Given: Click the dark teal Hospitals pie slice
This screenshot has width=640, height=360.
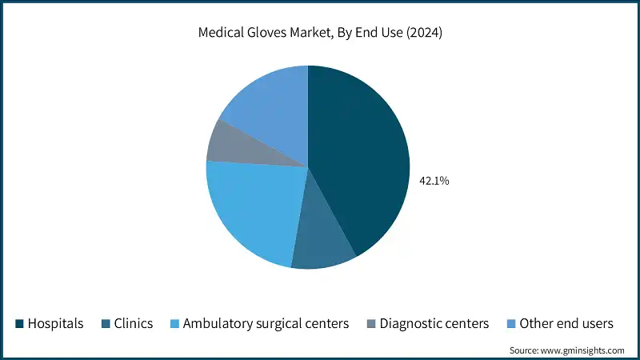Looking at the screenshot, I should click(360, 160).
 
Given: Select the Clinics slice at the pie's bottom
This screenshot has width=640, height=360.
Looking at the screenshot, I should click(322, 244).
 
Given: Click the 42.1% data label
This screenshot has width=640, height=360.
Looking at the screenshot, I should click(434, 182).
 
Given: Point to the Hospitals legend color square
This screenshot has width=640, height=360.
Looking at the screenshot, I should click(19, 324).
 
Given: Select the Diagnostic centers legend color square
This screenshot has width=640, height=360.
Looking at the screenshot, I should click(370, 324).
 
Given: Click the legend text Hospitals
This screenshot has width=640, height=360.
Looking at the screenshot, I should click(55, 324).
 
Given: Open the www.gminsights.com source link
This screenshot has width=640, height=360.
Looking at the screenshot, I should click(578, 350).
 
